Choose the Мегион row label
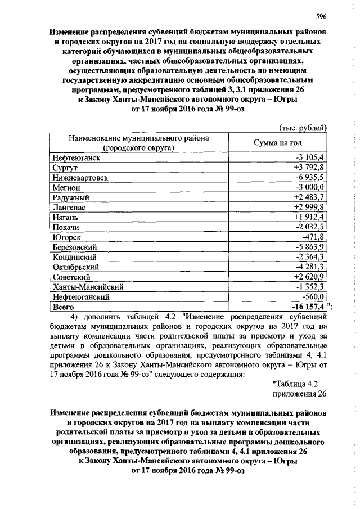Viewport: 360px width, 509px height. coord(65,187)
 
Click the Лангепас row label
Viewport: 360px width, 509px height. coord(68,208)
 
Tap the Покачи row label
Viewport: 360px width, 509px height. coord(65,227)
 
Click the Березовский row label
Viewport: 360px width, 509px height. coord(75,247)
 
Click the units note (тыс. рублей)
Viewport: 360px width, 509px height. coord(303,128)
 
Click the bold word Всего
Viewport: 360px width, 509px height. coord(62,307)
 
